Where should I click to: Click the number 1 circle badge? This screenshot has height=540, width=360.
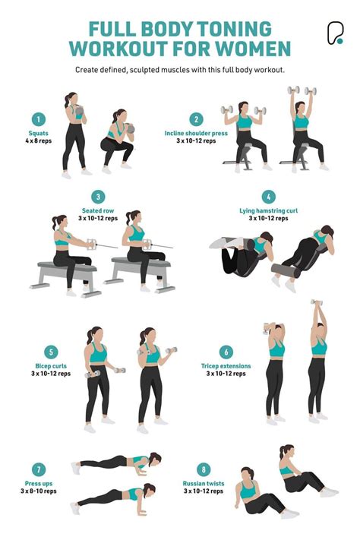tap(38, 118)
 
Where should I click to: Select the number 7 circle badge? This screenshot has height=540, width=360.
tap(38, 469)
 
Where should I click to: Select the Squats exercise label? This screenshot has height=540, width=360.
tap(38, 134)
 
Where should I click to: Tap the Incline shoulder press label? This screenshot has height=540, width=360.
tap(196, 134)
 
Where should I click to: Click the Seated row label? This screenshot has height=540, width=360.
tap(98, 210)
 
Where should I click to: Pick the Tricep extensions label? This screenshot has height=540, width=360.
tap(226, 366)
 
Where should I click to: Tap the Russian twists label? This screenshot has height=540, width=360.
tap(203, 483)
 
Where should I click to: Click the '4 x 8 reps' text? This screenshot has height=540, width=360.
tap(38, 142)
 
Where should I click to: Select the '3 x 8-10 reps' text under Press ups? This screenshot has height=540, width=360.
tap(38, 491)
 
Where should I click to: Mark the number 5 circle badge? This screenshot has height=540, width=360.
tap(50, 352)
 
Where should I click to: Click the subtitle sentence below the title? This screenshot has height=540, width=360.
tap(179, 70)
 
